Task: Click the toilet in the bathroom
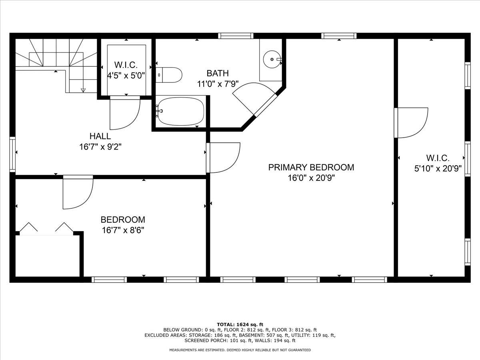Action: pyautogui.click(x=169, y=74)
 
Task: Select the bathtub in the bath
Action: pyautogui.click(x=181, y=112)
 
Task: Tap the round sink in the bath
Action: pyautogui.click(x=272, y=60)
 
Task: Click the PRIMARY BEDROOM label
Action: pyautogui.click(x=311, y=167)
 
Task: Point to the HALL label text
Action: pyautogui.click(x=100, y=136)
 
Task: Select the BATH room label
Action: pyautogui.click(x=218, y=73)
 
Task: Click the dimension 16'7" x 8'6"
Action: pyautogui.click(x=122, y=230)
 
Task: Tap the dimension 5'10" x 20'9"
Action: pyautogui.click(x=438, y=168)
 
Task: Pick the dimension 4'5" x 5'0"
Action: pyautogui.click(x=126, y=74)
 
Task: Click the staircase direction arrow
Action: pyautogui.click(x=83, y=90)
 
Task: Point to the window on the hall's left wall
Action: pyautogui.click(x=12, y=154)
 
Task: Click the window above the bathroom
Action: pyautogui.click(x=236, y=36)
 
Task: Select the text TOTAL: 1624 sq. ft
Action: pyautogui.click(x=240, y=324)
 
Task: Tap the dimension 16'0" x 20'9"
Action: pyautogui.click(x=311, y=178)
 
